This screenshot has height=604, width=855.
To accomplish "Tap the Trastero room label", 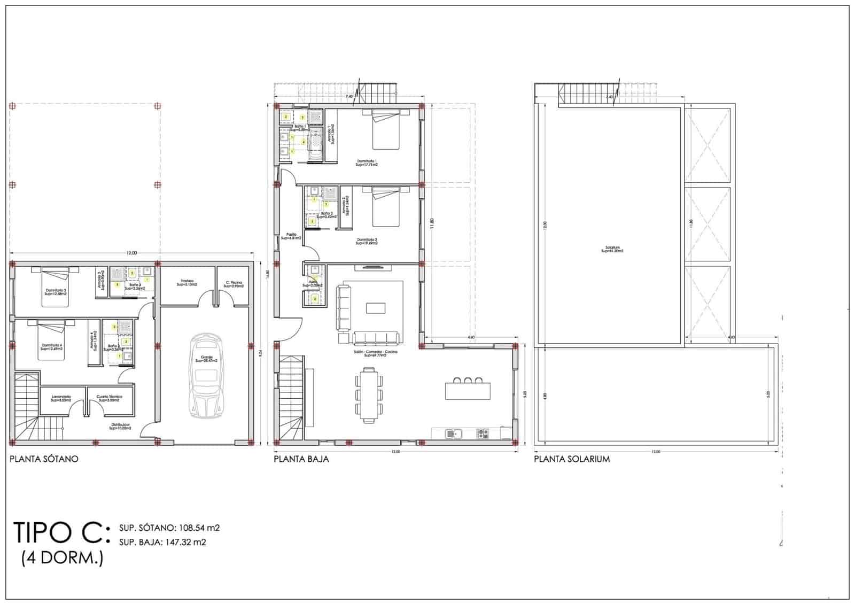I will (186, 283).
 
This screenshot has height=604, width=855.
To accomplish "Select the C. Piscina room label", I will (234, 284).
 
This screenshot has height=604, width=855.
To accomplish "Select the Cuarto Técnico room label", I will (110, 398).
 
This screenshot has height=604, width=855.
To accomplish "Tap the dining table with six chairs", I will (369, 394).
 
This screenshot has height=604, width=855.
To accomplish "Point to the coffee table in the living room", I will (375, 307).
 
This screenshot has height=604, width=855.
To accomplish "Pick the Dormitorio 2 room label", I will (367, 241).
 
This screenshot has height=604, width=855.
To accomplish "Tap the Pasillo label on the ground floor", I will (292, 236).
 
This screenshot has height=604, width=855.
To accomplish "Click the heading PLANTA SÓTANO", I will (44, 459).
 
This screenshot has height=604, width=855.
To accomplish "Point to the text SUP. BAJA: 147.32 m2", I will (163, 542).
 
